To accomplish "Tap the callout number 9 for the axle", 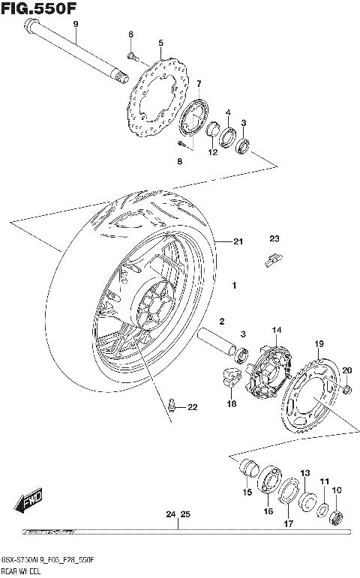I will click(x=75, y=25).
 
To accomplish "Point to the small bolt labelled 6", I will click(x=131, y=55).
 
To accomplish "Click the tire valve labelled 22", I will click(x=173, y=406).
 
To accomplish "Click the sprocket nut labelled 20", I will click(x=346, y=390).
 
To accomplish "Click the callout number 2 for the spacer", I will click(x=222, y=321).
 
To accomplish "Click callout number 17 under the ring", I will click(x=288, y=524).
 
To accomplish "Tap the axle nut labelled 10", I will click(x=337, y=517).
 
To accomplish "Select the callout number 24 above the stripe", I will click(x=170, y=514).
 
